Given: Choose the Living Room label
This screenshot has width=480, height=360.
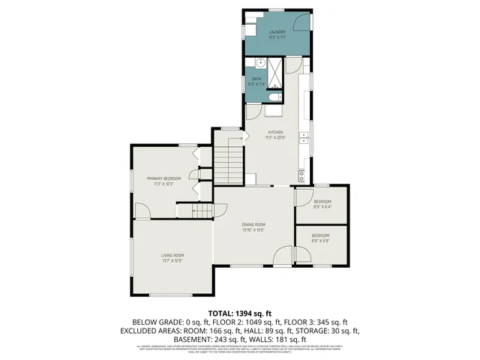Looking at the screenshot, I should point(172,258).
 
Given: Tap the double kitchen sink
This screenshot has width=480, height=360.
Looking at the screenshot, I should point(304,136).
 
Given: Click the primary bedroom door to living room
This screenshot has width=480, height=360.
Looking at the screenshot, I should point(142,211).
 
